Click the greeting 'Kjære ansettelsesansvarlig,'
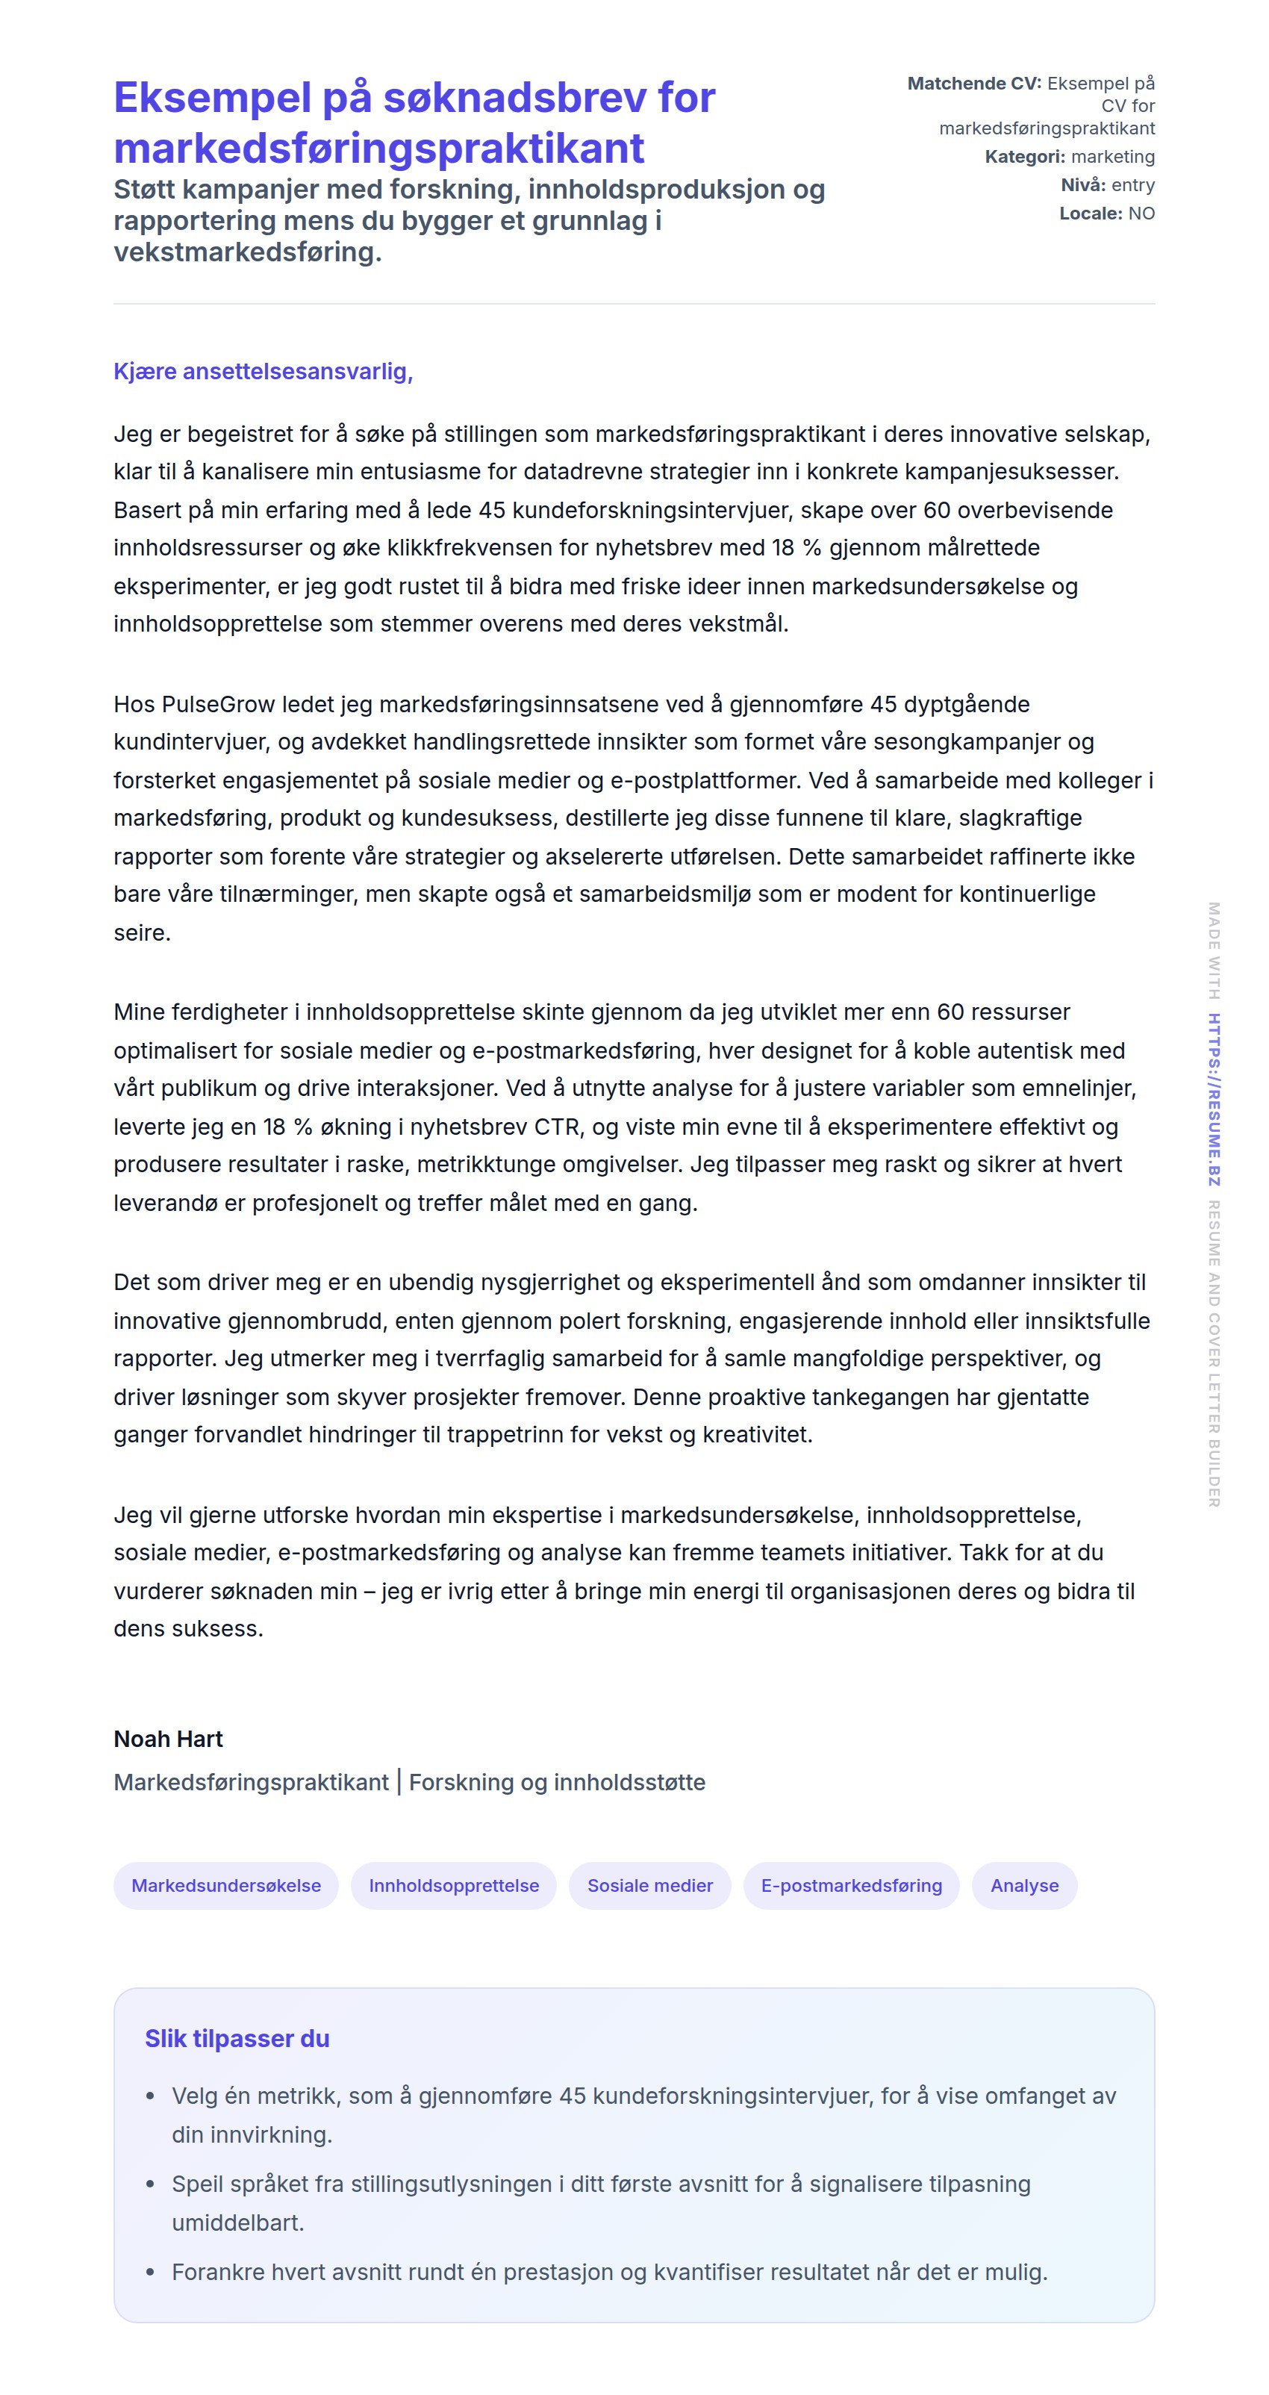pos(263,372)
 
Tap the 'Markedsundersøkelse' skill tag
pos(226,1886)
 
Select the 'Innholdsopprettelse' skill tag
pos(454,1886)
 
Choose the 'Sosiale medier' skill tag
pos(650,1886)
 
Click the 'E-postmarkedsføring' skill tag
pos(852,1886)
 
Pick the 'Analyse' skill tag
pos(1024,1886)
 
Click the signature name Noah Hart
pos(168,1740)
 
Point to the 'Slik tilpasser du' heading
pos(237,2039)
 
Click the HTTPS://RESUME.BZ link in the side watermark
pos(1215,1099)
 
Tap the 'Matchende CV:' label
pos(974,84)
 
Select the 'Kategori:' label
pos(1024,157)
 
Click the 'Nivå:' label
pos(1083,185)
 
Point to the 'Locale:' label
pos(1091,214)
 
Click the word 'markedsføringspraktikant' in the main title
pos(379,149)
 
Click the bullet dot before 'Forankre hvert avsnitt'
pos(151,2273)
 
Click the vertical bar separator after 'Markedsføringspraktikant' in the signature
pos(399,1782)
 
